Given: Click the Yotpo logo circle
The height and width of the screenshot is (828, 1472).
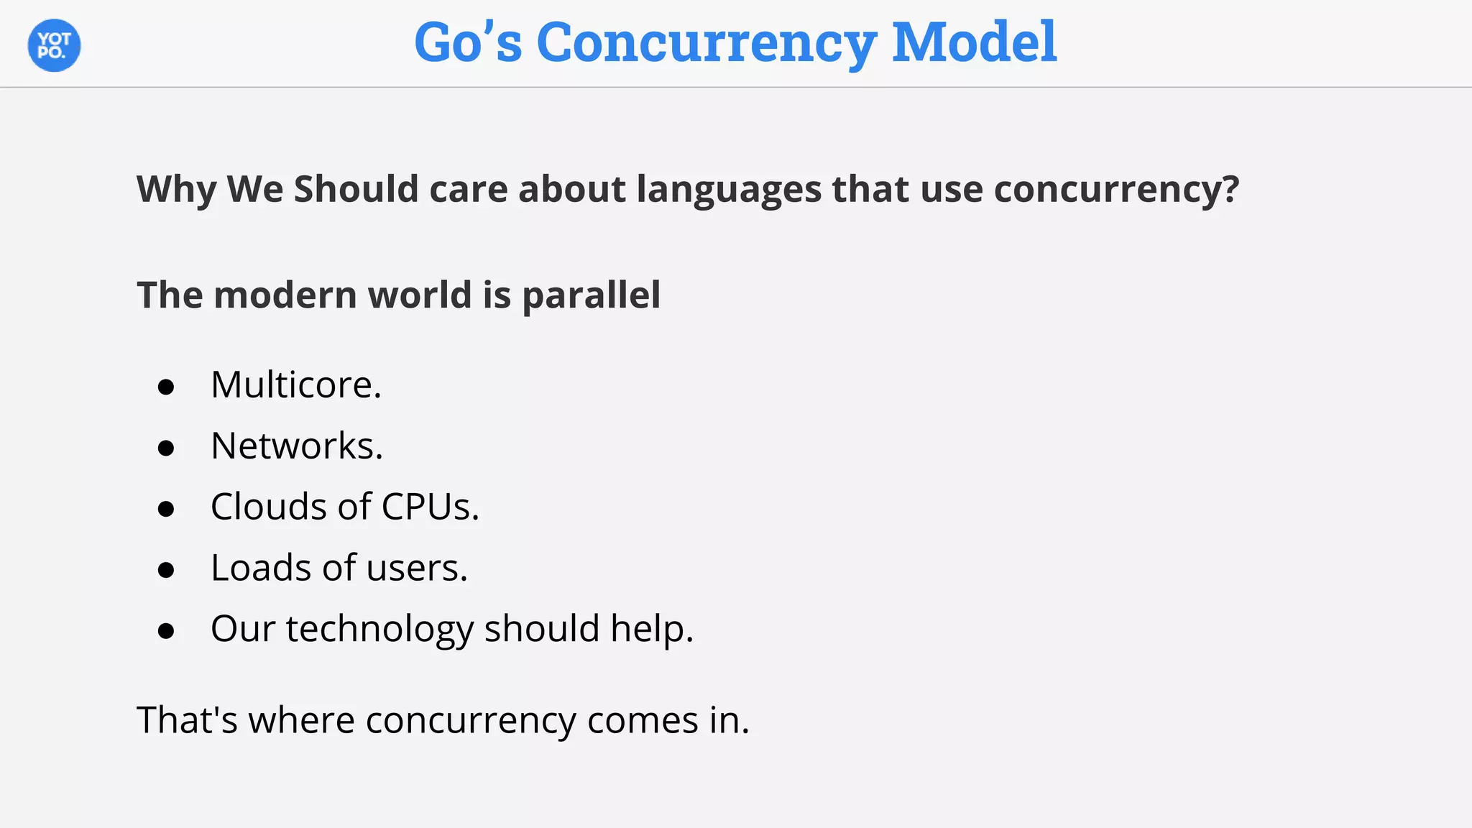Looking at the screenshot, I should point(54,45).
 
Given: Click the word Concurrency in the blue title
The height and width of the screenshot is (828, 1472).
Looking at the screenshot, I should point(706,42).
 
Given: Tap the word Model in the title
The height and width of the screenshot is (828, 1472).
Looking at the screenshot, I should point(974,42).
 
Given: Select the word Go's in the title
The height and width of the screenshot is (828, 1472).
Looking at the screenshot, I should point(468,42).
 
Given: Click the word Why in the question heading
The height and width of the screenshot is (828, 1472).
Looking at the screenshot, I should point(176,190).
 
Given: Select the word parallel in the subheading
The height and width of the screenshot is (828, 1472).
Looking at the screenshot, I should point(591,295).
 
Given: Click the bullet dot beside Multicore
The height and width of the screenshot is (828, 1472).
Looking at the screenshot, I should point(166,387).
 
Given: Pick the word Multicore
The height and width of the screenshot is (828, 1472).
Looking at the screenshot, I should point(295,385).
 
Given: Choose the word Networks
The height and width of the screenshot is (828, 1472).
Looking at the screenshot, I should point(296,446).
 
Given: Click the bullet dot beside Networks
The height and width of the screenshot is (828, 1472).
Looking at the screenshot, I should point(166,448).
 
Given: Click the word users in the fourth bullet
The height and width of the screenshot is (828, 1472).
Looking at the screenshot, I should point(416,569).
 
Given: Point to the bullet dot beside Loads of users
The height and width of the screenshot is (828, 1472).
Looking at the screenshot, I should point(166,571).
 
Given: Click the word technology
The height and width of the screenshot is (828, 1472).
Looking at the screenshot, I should point(379,630).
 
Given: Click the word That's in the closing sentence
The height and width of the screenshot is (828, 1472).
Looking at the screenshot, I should point(187,720).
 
